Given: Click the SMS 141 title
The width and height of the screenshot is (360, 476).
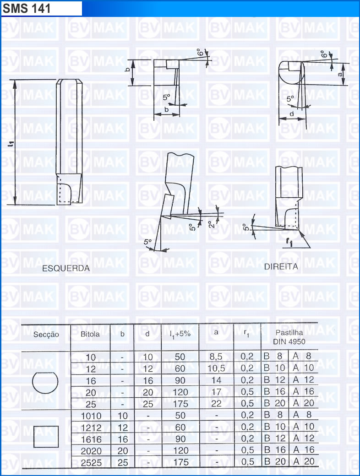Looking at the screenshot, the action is click(27, 9).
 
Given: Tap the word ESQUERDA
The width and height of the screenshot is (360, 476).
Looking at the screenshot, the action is click(66, 268).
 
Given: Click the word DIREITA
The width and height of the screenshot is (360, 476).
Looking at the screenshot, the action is click(281, 266).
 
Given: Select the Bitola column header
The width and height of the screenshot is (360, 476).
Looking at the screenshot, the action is click(90, 334).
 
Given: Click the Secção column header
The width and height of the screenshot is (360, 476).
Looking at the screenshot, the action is click(46, 335).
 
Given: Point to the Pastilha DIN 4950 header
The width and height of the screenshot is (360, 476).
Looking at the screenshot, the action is click(289, 337).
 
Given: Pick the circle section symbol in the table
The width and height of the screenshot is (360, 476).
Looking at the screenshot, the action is click(45, 382).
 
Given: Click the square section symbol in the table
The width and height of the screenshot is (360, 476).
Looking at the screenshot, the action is click(46, 437).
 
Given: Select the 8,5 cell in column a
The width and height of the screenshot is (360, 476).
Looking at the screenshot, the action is click(216, 357).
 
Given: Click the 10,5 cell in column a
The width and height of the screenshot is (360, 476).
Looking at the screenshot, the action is click(216, 368).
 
